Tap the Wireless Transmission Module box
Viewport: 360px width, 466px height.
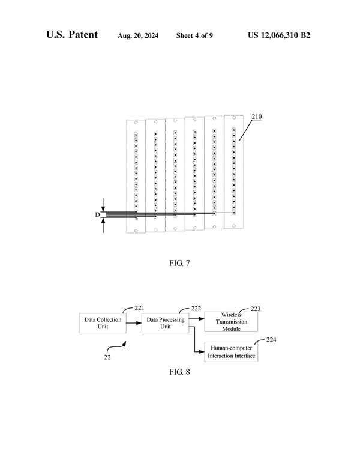pos(231,321)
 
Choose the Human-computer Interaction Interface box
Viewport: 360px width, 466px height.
pos(231,353)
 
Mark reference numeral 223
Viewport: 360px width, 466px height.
pos(256,309)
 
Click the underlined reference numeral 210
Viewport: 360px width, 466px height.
pos(256,117)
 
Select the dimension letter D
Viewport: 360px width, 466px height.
pos(97,214)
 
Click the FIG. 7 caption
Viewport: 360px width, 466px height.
pos(180,262)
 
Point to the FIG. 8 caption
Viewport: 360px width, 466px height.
pos(179,372)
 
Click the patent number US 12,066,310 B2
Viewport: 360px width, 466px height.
pos(279,35)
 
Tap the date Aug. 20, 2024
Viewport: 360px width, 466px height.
pos(139,35)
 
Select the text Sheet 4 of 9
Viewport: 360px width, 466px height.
pos(194,35)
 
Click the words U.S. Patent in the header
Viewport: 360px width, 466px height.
pos(72,35)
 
